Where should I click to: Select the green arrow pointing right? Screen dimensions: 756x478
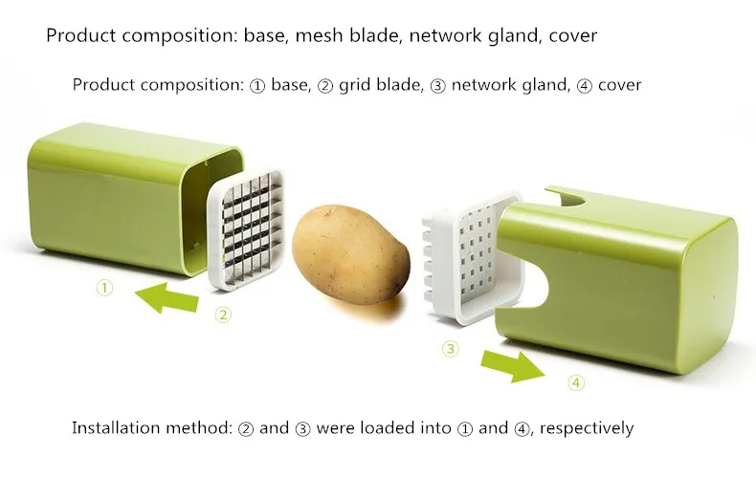512,363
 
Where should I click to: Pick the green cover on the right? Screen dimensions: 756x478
622,277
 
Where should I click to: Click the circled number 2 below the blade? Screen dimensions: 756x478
222,315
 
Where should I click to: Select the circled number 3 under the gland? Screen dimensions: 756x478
450,349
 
